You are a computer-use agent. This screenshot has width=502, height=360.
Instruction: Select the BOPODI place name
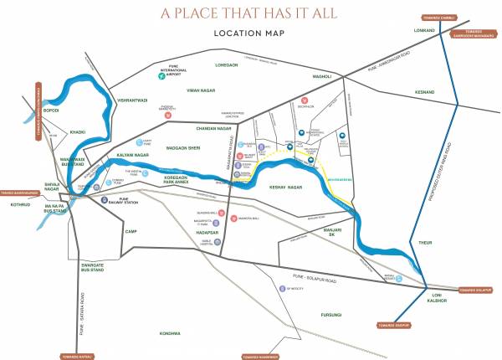click(52, 110)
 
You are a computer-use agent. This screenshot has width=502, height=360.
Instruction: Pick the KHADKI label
click(78, 131)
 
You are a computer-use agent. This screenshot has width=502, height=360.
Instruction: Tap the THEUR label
click(424, 241)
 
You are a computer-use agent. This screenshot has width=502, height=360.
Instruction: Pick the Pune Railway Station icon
click(103, 200)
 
